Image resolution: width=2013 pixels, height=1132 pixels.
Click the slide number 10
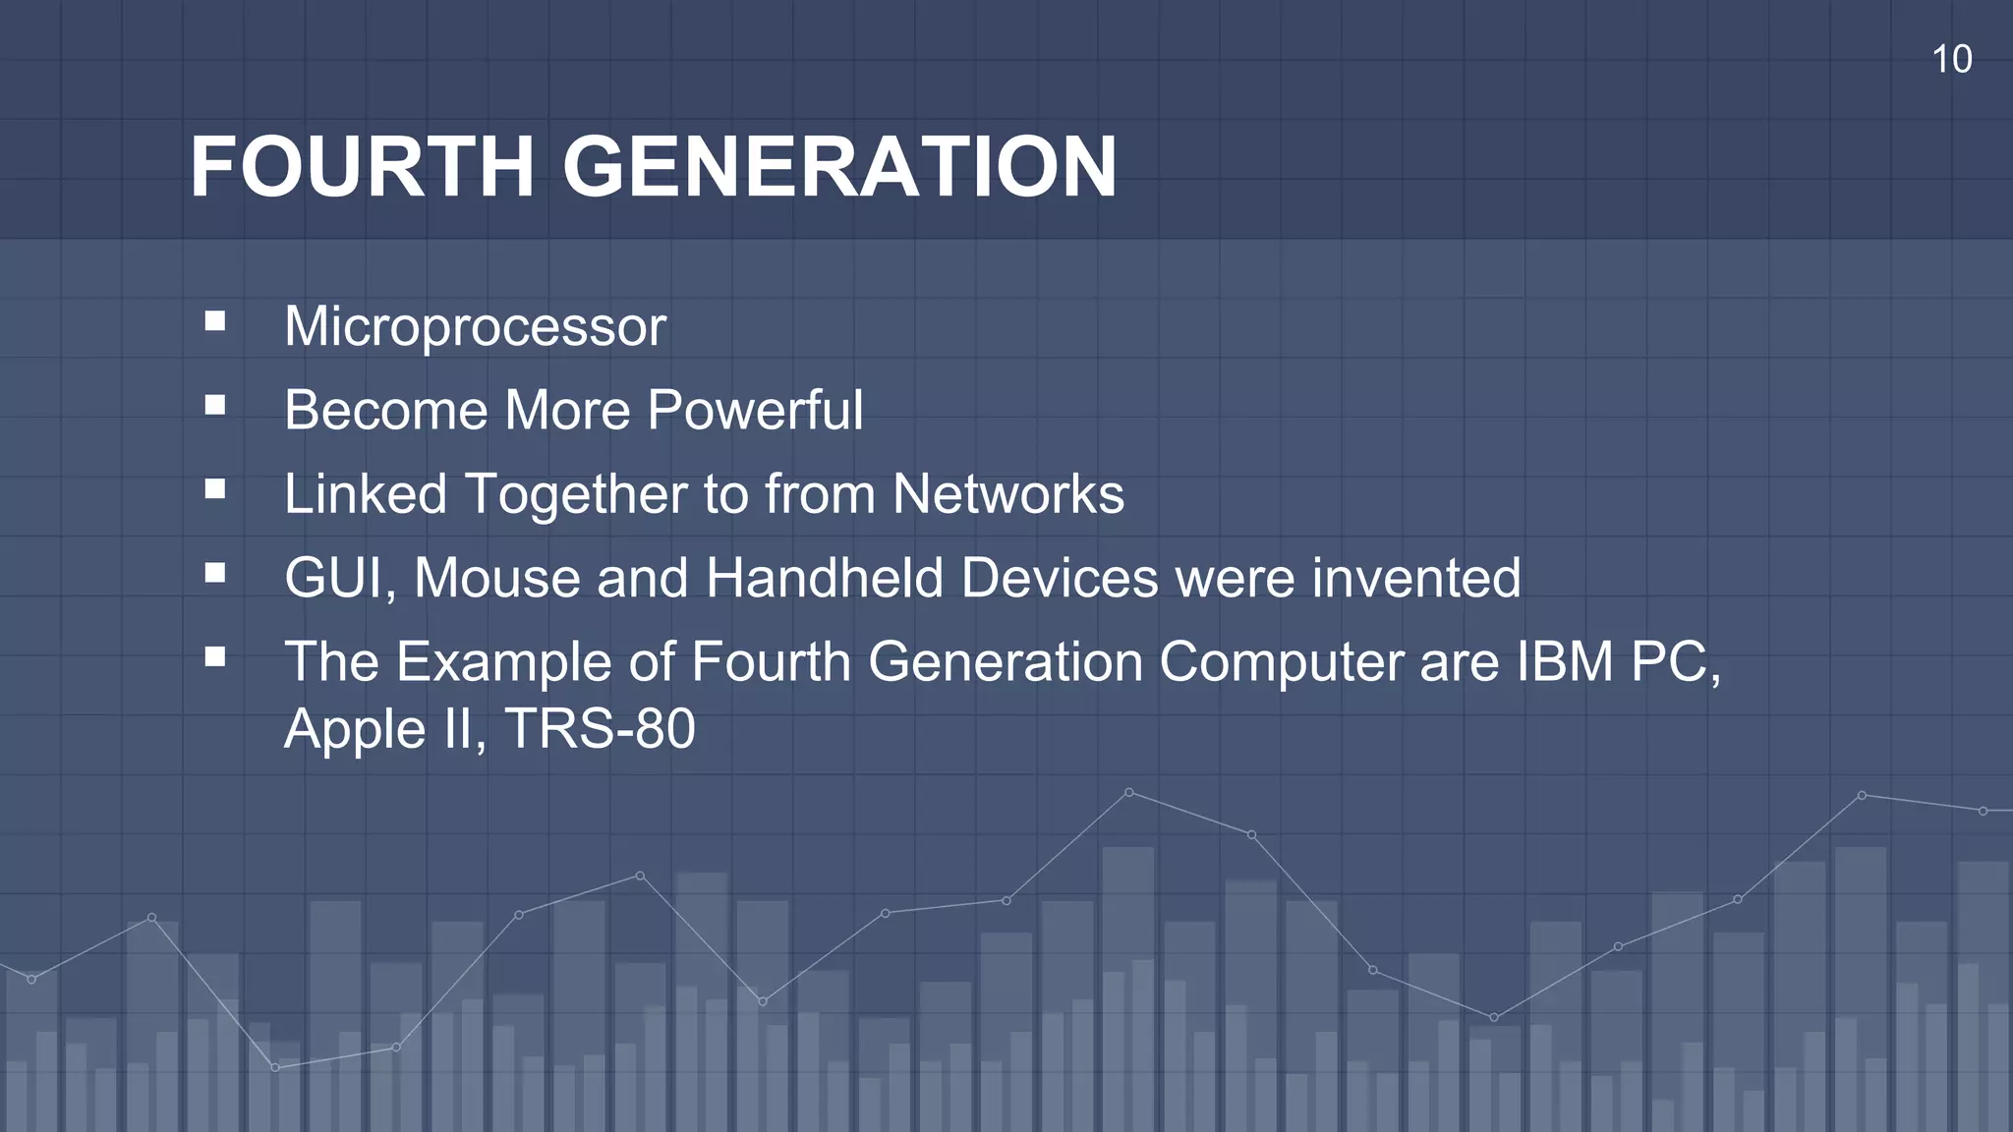(1951, 60)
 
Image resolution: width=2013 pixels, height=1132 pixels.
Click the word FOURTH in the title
(362, 167)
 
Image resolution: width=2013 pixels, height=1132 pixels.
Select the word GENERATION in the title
(839, 167)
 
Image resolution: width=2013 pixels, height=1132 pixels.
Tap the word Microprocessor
(475, 326)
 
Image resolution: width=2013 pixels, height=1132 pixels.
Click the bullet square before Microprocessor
(215, 321)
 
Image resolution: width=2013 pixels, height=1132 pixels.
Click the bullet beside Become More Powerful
(215, 405)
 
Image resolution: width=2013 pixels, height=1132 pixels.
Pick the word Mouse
(496, 578)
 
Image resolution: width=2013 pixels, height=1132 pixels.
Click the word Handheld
(824, 578)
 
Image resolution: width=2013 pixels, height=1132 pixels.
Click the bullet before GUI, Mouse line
(215, 573)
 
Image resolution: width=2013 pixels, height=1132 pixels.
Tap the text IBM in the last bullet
(1564, 661)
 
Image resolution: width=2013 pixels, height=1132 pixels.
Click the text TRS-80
(600, 729)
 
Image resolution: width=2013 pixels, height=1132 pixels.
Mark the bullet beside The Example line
(215, 656)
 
